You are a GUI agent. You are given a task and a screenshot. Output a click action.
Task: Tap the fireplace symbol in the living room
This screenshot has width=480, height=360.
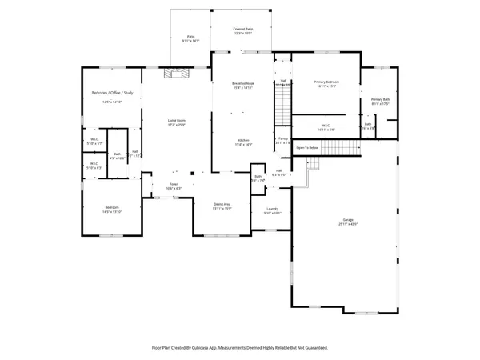click(175, 74)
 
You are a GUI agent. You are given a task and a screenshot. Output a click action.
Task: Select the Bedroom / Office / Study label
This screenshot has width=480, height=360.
click(111, 95)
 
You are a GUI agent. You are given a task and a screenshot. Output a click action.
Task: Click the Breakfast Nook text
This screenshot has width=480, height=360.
click(242, 83)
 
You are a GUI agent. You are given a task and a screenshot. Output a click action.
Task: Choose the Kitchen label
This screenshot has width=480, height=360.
click(242, 141)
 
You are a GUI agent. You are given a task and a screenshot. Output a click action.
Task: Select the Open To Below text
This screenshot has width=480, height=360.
click(307, 148)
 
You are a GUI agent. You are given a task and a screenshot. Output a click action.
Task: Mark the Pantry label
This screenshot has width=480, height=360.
click(282, 138)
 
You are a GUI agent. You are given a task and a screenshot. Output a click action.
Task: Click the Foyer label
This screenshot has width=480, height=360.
click(173, 184)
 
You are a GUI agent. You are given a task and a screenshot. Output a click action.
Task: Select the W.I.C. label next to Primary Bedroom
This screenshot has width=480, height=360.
click(326, 125)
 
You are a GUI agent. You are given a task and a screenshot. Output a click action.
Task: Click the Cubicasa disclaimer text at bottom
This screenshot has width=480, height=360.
click(240, 348)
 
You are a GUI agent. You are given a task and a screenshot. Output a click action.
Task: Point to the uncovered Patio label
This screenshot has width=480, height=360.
click(191, 36)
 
